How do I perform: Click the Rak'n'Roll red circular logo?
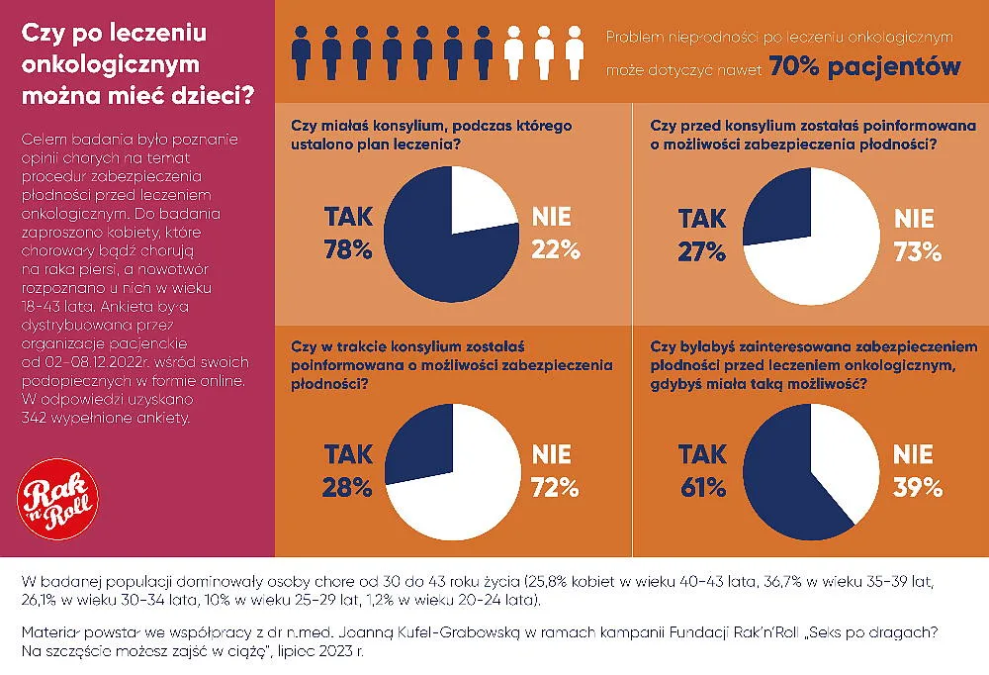pos(57,499)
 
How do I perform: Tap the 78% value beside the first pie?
pos(347,250)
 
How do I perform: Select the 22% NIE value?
pos(556,250)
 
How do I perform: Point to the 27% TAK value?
pos(701,252)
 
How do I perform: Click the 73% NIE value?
pos(918,252)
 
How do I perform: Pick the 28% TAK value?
pos(347,488)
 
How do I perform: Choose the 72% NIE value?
pos(555,488)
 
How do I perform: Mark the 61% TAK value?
pos(702,488)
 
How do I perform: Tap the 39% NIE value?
pos(918,488)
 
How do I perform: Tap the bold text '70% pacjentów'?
pos(864,66)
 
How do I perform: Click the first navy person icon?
pos(302,53)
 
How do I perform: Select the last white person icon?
pos(574,53)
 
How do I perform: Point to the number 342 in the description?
pos(33,418)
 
